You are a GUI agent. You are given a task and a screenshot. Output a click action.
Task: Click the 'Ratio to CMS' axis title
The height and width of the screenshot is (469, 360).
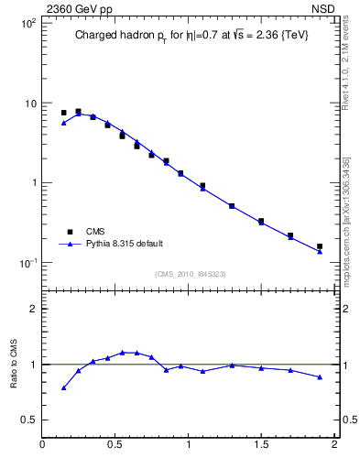pyautogui.click(x=15, y=364)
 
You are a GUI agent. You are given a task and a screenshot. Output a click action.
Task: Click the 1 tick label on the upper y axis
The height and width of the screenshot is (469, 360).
pyautogui.click(x=32, y=183)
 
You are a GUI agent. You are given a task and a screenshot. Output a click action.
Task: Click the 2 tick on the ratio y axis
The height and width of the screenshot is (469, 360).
pyautogui.click(x=32, y=309)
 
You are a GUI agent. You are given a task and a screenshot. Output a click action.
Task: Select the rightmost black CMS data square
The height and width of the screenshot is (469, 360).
pyautogui.click(x=320, y=246)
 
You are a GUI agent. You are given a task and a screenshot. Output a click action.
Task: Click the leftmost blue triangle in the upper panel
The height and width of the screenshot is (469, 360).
pyautogui.click(x=63, y=123)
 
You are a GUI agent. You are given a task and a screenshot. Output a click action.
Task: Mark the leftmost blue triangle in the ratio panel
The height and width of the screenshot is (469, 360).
pyautogui.click(x=63, y=387)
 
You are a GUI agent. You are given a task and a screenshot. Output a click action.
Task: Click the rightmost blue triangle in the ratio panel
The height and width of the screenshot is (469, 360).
pyautogui.click(x=320, y=376)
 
